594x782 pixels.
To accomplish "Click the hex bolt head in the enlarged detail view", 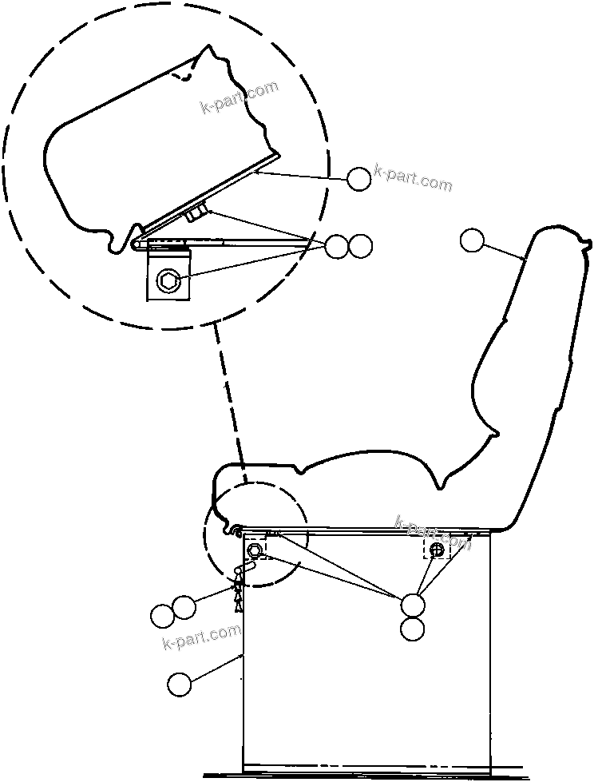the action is click(x=168, y=280).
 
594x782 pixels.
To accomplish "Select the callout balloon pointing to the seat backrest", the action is click(x=473, y=240).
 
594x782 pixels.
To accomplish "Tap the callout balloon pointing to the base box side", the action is click(x=180, y=684).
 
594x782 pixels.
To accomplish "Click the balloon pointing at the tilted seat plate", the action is click(x=359, y=179).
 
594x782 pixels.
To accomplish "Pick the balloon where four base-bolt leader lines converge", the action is click(x=412, y=605).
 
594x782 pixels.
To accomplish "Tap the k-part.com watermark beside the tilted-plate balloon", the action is click(x=413, y=179).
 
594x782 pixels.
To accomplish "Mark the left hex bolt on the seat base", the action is click(x=256, y=550).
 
